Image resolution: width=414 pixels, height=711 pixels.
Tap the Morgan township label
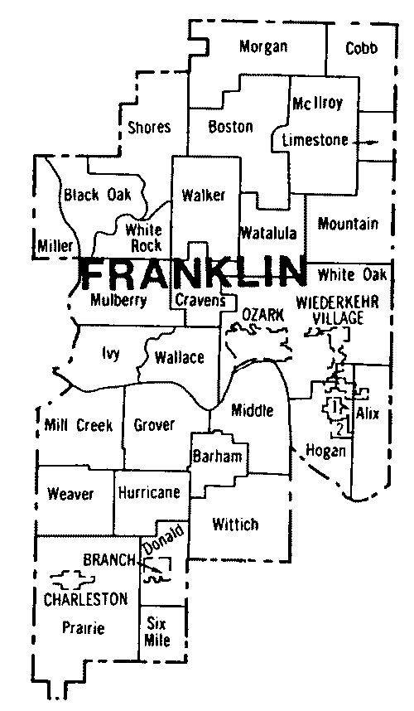coord(263,47)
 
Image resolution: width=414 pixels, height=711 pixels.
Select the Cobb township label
coord(361,48)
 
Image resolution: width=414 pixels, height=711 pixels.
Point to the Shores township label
coord(149,127)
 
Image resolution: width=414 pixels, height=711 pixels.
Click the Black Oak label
coord(91,195)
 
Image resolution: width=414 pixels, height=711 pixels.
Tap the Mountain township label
coord(348,224)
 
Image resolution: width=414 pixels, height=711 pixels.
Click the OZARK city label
coord(263,314)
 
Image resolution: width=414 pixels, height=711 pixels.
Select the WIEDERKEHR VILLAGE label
coord(340,308)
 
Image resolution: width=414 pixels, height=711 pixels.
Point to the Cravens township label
coord(200,300)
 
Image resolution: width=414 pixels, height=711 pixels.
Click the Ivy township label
coord(110,354)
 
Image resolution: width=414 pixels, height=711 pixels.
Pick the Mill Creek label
coord(79,425)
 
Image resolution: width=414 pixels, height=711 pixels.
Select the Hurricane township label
coord(149,492)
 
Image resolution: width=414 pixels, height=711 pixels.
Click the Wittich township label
coord(235,524)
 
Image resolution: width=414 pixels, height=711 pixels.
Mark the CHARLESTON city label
coord(86,598)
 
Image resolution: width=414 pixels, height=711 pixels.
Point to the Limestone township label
coord(315,140)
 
